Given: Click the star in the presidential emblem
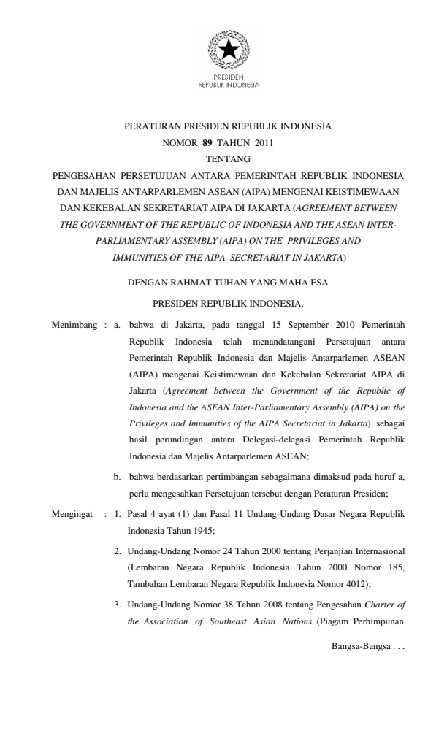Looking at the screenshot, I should (229, 50).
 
